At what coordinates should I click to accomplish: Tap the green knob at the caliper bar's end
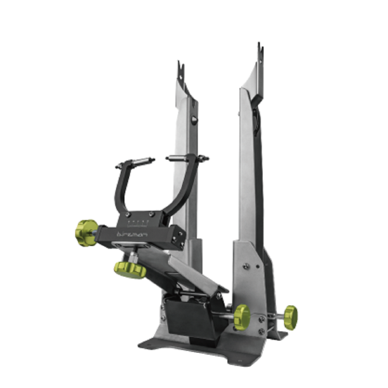click(x=86, y=232)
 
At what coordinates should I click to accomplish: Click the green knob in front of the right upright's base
click(x=241, y=317)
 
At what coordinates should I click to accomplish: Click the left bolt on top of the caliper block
click(x=128, y=214)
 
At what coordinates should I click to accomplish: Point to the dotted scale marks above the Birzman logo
click(x=139, y=222)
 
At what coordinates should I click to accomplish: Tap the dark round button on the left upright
click(x=194, y=120)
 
